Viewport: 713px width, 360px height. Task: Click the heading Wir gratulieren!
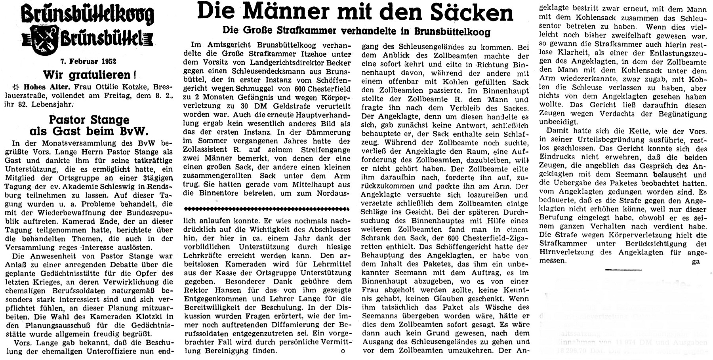coord(86,75)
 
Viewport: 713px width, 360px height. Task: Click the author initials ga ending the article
coord(696,261)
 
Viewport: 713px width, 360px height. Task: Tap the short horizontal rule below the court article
coord(623,270)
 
